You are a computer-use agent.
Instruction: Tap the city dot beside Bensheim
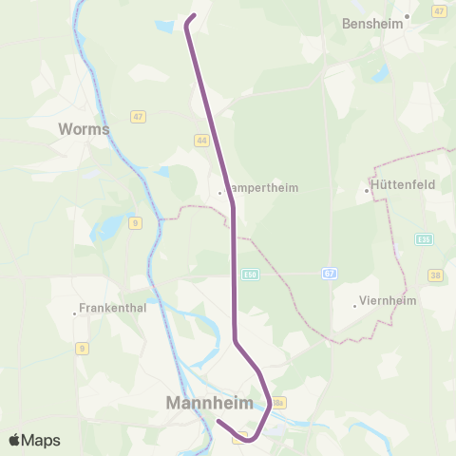click(x=407, y=16)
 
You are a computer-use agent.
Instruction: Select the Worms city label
click(x=85, y=128)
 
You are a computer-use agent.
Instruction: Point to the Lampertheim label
click(x=263, y=188)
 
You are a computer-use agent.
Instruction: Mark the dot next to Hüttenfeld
click(x=367, y=191)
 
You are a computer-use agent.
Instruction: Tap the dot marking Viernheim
click(x=354, y=305)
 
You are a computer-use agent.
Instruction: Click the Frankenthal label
click(x=113, y=310)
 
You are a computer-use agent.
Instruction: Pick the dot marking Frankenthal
click(x=75, y=314)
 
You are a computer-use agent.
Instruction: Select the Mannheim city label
click(x=210, y=403)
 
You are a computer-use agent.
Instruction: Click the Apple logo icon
click(x=16, y=440)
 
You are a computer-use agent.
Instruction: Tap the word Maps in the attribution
click(x=42, y=440)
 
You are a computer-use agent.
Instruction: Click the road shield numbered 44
click(x=201, y=140)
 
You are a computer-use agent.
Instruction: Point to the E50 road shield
click(x=250, y=274)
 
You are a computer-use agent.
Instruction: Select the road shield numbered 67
click(x=329, y=273)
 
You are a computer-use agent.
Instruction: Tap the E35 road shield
click(x=423, y=239)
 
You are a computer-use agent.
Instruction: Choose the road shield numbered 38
click(x=436, y=275)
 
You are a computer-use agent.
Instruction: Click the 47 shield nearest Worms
click(x=139, y=117)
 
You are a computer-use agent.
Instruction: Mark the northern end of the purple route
click(x=193, y=16)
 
